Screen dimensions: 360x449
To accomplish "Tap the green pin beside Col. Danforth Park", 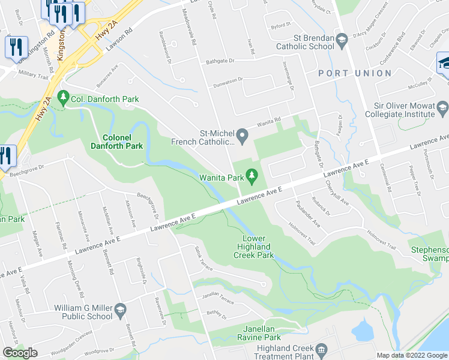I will [63, 98].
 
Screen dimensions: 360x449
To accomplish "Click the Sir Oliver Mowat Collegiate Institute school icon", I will [442, 109].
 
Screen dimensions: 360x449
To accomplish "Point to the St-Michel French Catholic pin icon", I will [243, 137].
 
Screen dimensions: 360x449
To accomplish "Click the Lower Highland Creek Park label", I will [253, 247].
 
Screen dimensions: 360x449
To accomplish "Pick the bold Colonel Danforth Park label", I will [116, 141].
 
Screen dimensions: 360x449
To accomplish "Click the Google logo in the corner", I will [20, 352].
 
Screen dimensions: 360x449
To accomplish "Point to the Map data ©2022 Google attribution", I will [412, 355].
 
